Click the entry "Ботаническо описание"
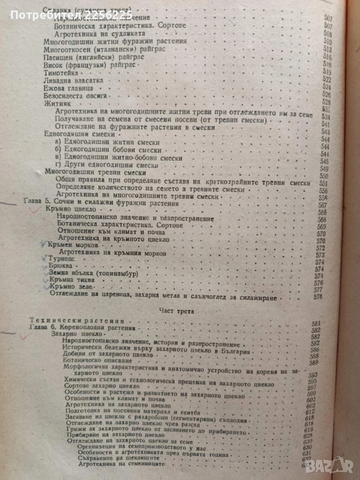(x=98, y=361)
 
